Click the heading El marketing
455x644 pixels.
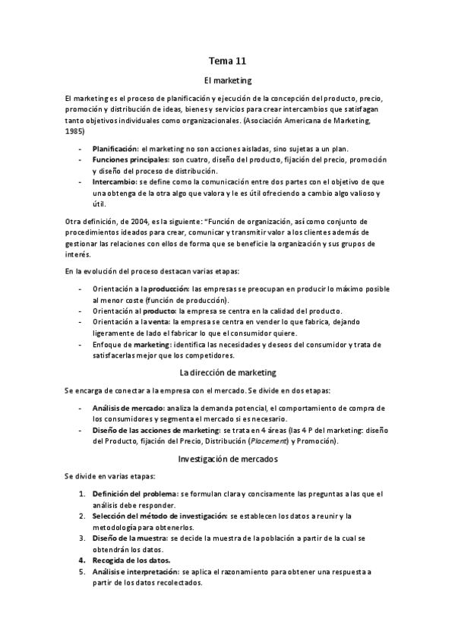[228, 80]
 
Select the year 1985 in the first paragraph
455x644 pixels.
[74, 131]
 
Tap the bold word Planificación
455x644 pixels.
[115, 149]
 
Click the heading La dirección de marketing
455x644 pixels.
[227, 372]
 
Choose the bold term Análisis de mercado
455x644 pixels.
[125, 408]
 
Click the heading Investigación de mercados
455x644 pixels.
[227, 459]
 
